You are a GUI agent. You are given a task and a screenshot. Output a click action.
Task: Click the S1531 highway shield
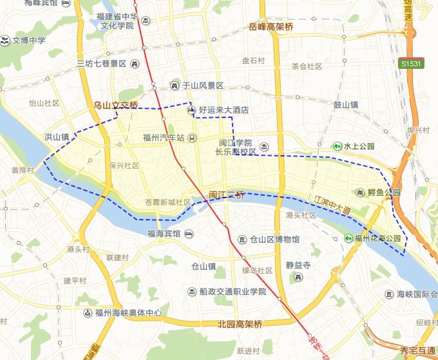tap(412, 64)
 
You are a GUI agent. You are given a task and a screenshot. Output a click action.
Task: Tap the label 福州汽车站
tap(164, 137)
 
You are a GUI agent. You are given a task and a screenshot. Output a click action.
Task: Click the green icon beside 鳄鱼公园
tap(359, 193)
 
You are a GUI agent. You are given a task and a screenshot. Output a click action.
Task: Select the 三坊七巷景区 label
tap(101, 64)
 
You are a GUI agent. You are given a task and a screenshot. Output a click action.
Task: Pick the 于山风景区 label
tap(202, 85)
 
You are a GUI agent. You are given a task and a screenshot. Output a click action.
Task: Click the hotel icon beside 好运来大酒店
tap(191, 110)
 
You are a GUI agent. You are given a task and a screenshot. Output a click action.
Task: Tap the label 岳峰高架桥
tap(271, 27)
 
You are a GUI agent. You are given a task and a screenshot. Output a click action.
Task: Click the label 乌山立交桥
tap(116, 105)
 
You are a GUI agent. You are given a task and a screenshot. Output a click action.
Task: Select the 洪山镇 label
tap(56, 137)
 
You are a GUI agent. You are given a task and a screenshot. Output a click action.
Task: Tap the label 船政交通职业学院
tap(232, 292)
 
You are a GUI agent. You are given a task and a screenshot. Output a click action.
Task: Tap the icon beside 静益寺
tap(298, 277)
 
